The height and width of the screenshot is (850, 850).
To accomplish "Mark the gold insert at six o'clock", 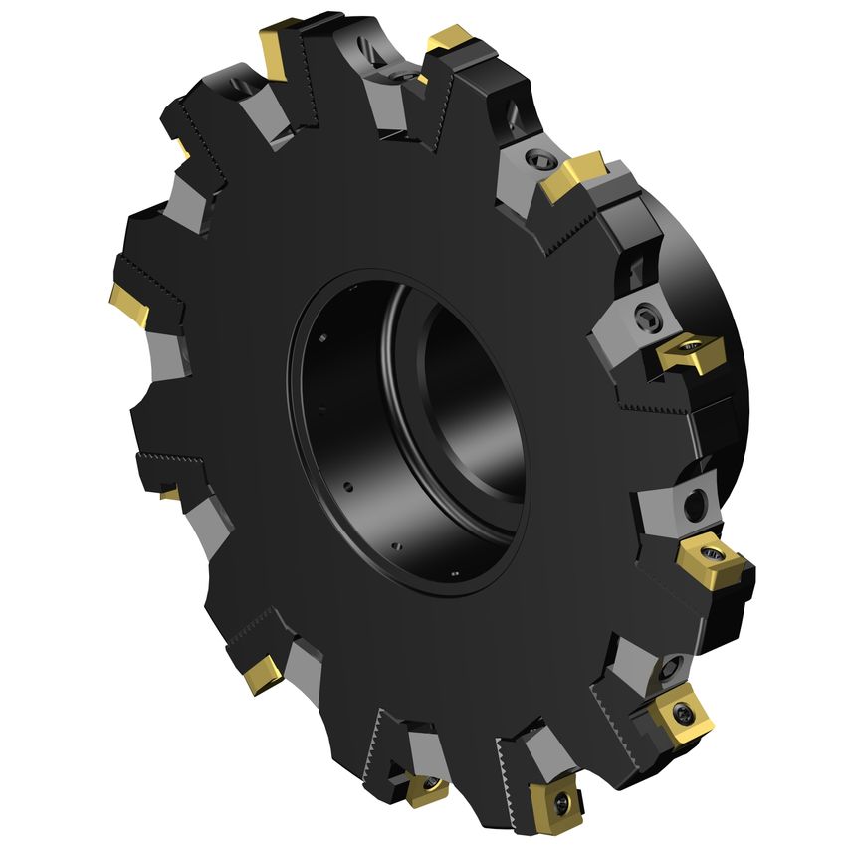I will (426, 789).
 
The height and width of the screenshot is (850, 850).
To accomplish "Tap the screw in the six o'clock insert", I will (429, 786).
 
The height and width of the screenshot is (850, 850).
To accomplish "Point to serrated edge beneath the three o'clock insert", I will (647, 406).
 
